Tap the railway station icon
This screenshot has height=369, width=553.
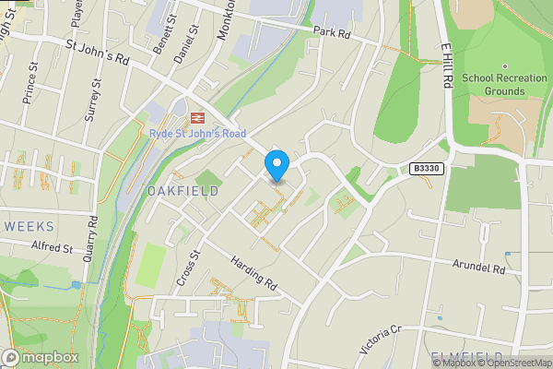[196, 117]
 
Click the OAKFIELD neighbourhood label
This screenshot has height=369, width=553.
[182, 191]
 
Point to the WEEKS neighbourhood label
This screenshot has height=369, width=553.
[29, 226]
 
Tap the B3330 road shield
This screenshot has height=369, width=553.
[427, 168]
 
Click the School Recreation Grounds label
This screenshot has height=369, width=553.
[505, 85]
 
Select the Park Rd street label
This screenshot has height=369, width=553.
[333, 33]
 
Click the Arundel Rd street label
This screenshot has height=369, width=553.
[479, 268]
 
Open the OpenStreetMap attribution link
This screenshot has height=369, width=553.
[513, 363]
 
